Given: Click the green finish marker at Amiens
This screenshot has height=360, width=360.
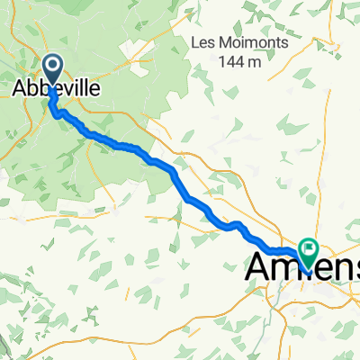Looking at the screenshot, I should tap(310, 247).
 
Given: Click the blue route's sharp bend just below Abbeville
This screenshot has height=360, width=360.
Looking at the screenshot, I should tap(56, 114).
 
